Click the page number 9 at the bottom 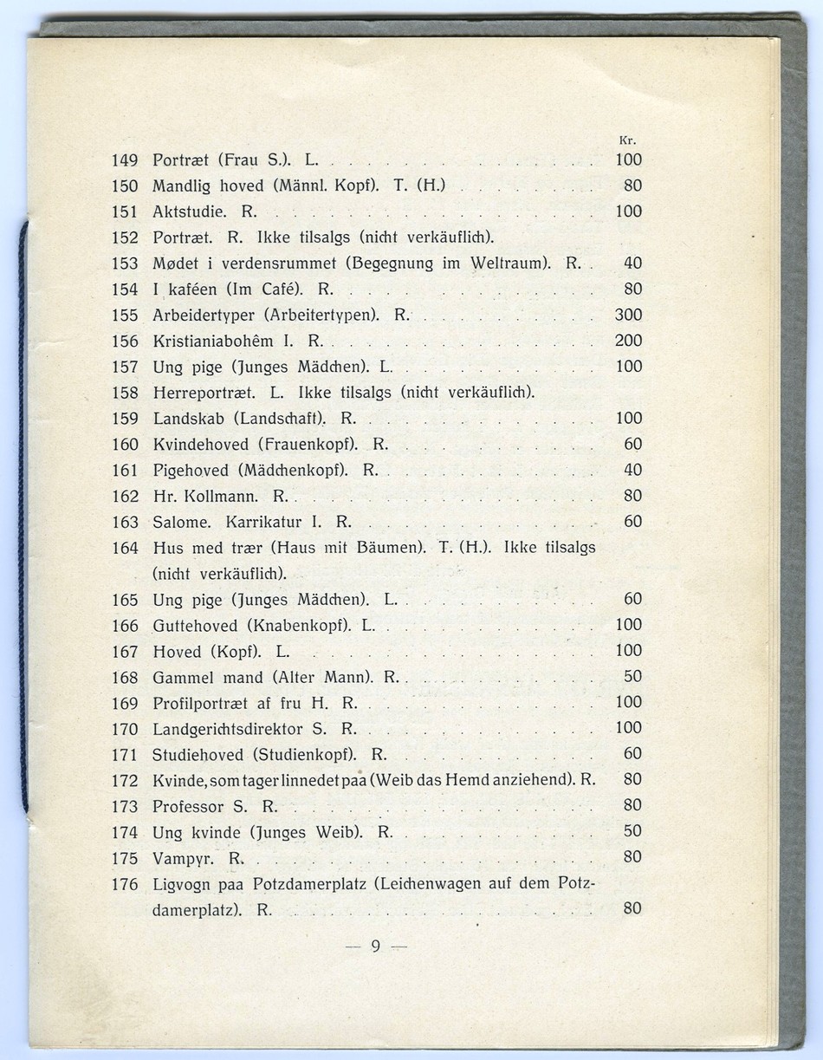point(375,946)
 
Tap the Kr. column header point(629,140)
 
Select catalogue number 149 point(126,159)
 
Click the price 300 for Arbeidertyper point(628,315)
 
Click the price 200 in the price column point(628,341)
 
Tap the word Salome point(182,523)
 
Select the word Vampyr point(184,858)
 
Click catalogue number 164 point(126,549)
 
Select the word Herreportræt point(205,393)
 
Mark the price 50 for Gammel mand point(633,676)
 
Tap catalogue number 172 point(126,780)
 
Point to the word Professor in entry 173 point(188,806)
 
